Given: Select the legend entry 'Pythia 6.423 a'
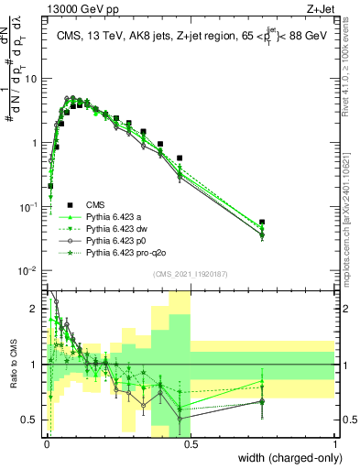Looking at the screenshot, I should click(115, 217).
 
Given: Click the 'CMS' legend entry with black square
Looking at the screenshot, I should click(97, 205).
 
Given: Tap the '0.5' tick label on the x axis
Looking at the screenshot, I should click(191, 443).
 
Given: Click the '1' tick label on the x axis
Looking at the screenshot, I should click(335, 443).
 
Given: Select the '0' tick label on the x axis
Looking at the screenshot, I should click(47, 443).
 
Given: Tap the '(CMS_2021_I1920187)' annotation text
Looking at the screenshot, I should click(191, 274).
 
